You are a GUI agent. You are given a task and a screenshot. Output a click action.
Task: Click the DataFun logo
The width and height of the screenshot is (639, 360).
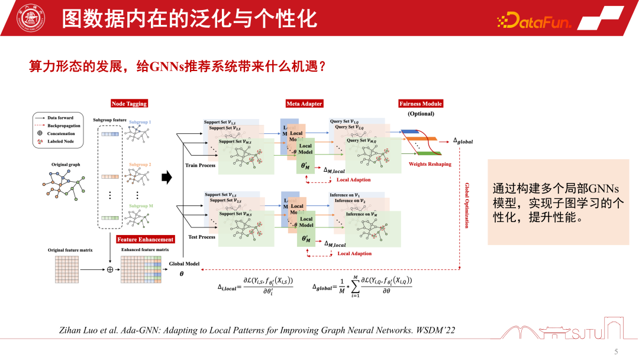(x=534, y=22)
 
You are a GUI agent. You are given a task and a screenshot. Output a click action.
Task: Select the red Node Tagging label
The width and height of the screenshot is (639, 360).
(x=129, y=104)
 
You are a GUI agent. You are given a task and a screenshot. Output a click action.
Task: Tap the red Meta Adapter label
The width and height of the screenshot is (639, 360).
(x=304, y=104)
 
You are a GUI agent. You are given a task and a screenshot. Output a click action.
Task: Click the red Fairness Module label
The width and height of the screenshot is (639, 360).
(x=421, y=104)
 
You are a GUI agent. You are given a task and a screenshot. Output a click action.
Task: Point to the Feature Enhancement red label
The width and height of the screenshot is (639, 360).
(x=146, y=239)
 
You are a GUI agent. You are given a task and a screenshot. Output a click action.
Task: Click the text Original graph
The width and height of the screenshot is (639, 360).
(x=66, y=164)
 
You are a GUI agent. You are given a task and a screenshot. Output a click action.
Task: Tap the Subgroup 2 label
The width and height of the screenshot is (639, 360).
(x=140, y=164)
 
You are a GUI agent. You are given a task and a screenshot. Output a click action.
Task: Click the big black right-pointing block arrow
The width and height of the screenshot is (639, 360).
(x=167, y=176)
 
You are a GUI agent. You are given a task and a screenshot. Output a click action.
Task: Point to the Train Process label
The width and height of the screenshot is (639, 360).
(x=200, y=165)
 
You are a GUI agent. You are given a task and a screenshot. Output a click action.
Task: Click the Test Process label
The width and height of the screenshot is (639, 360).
(x=201, y=237)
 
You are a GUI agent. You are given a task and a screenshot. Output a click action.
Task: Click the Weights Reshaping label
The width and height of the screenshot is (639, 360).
(x=430, y=164)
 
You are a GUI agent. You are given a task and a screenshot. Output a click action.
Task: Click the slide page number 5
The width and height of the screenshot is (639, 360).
(x=616, y=352)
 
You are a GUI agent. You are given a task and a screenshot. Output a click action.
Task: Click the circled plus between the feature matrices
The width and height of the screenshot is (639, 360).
(x=109, y=269)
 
